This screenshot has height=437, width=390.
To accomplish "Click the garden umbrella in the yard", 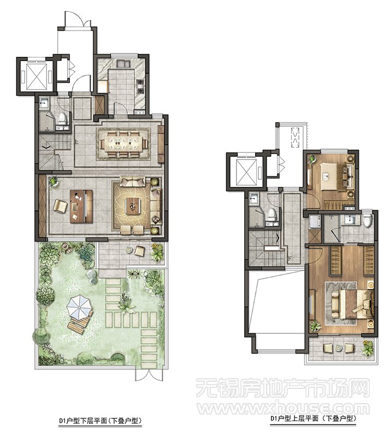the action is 79,308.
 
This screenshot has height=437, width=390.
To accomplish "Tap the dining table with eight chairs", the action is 123,144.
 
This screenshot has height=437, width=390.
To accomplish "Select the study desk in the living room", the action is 81,206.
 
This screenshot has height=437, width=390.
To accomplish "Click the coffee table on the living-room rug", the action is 133,206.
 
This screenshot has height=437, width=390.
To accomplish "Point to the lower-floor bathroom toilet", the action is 62,119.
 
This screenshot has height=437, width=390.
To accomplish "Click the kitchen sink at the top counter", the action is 123,64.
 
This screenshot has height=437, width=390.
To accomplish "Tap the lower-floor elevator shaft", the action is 36,76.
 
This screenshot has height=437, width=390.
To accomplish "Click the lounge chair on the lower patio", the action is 139,251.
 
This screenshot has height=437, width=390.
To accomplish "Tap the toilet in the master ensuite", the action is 368,220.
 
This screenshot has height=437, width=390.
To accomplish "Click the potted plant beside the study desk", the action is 54,181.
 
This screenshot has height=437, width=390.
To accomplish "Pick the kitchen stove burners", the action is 140,86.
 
